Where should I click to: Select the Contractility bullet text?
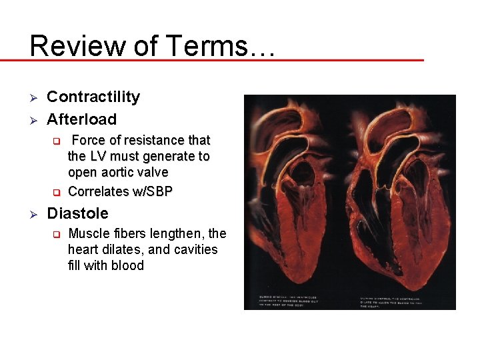93,97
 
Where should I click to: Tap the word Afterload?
81,119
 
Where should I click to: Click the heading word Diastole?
77,213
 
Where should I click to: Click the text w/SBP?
152,191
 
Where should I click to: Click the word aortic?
119,172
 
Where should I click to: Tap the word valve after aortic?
153,172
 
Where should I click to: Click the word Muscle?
89,233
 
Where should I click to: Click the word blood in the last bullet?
127,265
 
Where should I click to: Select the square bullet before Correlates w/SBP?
57,192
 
